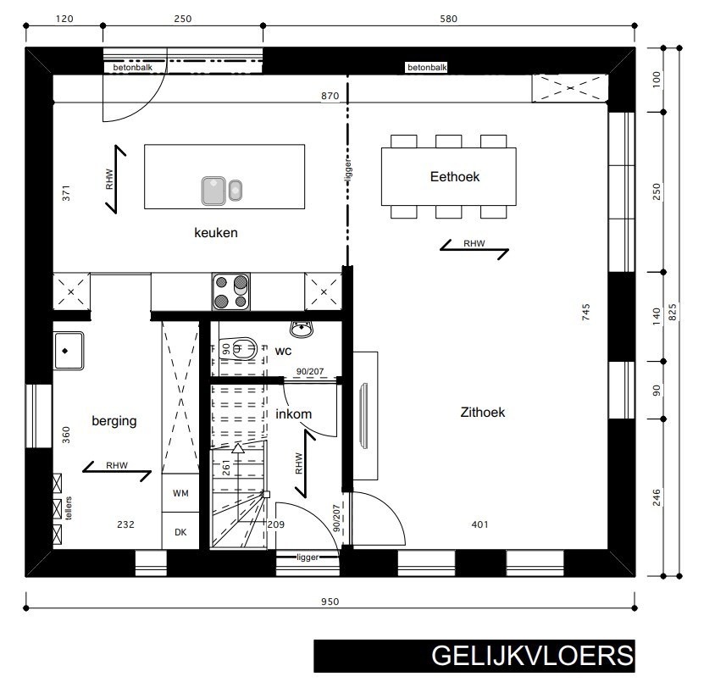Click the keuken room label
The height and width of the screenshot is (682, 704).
214,233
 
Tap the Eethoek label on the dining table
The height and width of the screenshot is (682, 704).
455,176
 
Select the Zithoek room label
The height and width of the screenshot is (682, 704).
482,413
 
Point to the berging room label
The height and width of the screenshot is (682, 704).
114,420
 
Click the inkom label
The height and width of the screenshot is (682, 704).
294,414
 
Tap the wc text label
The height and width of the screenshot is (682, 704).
283,349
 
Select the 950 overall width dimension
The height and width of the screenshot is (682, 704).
330,602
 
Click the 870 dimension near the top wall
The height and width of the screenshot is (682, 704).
330,97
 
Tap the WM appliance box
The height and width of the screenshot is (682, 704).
180,492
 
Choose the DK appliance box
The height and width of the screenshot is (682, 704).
180,532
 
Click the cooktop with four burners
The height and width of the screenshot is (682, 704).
230,291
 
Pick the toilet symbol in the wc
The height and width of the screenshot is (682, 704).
243,348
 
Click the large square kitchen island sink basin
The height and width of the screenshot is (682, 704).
213,191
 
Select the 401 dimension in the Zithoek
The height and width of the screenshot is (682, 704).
479,525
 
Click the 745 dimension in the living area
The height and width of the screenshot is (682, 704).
585,311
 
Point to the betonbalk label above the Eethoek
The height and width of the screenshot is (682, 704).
426,67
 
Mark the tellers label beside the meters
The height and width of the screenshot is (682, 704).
69,506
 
